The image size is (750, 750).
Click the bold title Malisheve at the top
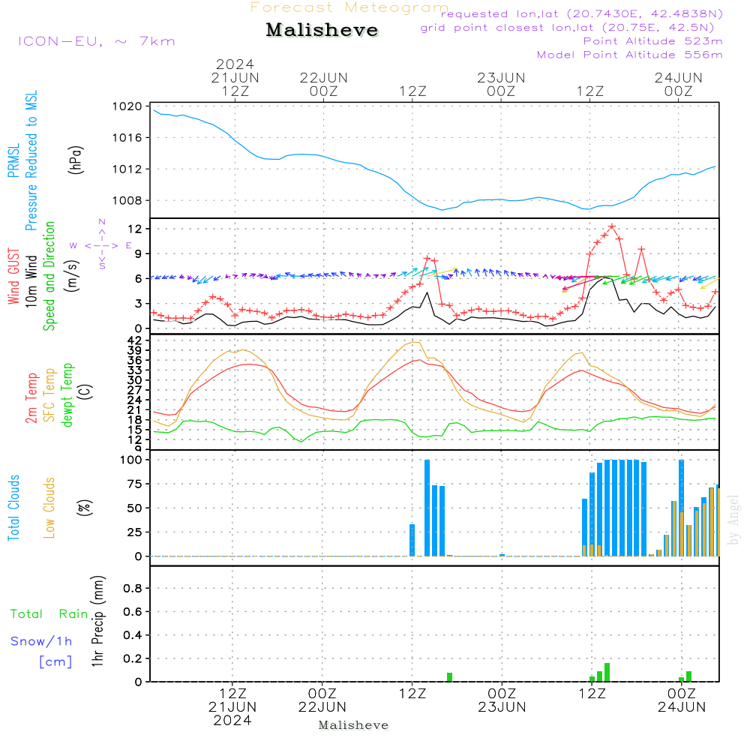click(322, 31)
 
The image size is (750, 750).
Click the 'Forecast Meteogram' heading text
click(349, 7)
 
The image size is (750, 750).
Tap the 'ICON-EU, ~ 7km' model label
click(96, 40)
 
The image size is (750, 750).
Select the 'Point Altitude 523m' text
click(652, 40)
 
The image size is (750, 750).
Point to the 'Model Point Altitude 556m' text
click(629, 54)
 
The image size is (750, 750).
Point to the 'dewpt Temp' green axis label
click(68, 395)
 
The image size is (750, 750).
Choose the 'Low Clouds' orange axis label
click(50, 507)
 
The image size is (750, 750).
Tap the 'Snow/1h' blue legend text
click(41, 641)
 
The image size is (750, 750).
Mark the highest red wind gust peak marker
click(612, 226)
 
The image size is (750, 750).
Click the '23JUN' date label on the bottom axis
click(502, 706)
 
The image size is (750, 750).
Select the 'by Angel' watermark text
click(734, 519)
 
